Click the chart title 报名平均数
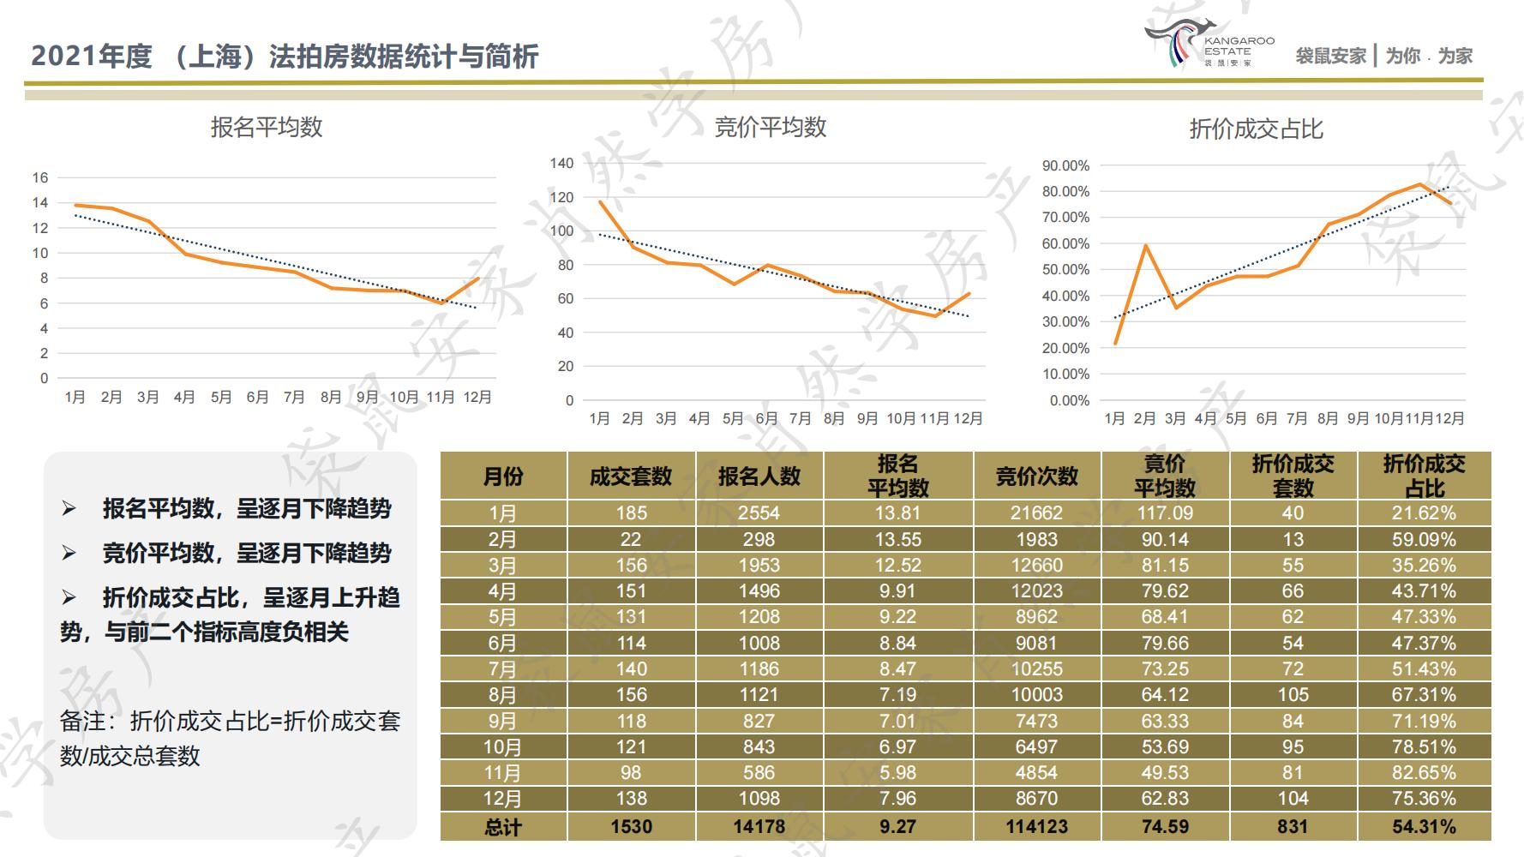click(x=267, y=128)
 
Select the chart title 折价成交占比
click(x=1256, y=129)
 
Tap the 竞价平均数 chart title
click(x=770, y=128)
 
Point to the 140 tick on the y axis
click(x=561, y=163)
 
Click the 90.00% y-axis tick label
click(x=1065, y=165)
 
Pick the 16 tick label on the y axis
click(x=40, y=178)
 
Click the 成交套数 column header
click(x=631, y=476)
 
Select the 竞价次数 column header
click(x=1036, y=476)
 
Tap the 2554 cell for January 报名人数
click(x=759, y=513)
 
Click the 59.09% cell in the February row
click(x=1424, y=540)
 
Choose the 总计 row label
click(x=502, y=827)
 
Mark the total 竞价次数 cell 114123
click(x=1036, y=827)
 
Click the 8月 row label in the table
click(x=502, y=695)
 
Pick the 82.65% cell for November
click(x=1424, y=773)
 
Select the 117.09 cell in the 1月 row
click(x=1164, y=513)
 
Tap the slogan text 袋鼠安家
click(x=1330, y=57)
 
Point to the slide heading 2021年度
click(x=92, y=57)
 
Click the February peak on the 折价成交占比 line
click(x=1145, y=246)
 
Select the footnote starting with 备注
click(x=231, y=738)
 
